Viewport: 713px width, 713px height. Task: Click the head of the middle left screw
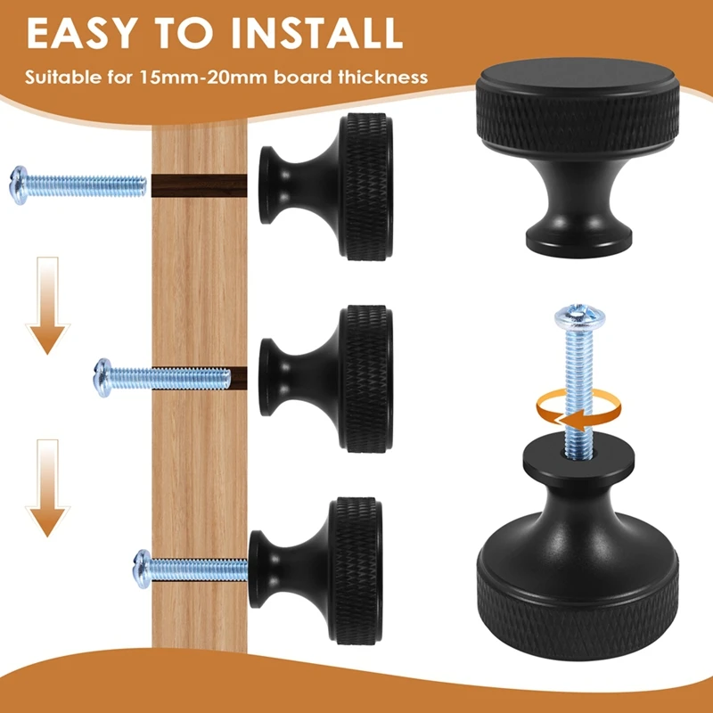(x=104, y=377)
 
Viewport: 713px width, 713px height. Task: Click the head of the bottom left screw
(x=143, y=565)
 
